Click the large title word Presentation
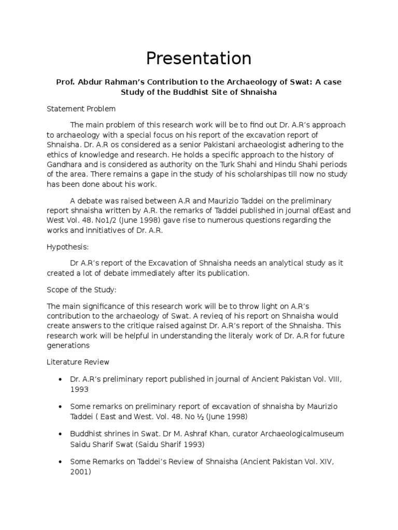click(198, 58)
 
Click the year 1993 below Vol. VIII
click(80, 389)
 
